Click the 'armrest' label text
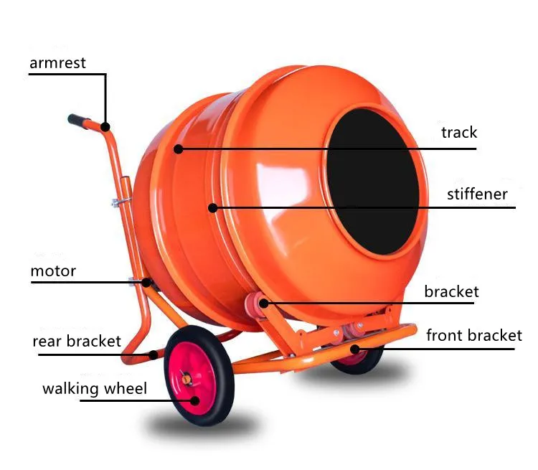[57, 63]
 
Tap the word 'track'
[459, 133]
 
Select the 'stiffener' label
[477, 194]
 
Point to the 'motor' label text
[53, 272]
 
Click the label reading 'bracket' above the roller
[451, 292]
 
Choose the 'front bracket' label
[474, 335]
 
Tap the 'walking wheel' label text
[95, 390]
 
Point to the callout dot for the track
[178, 149]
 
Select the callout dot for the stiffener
[213, 208]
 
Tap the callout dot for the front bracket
[354, 349]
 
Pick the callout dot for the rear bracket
[154, 354]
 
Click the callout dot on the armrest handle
[105, 128]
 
